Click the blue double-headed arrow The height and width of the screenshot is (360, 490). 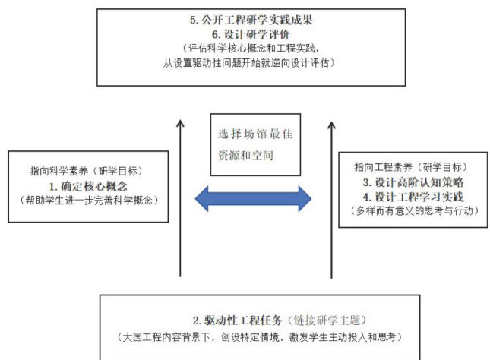253,198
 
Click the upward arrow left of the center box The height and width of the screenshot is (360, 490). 180,197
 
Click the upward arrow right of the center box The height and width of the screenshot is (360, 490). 332,197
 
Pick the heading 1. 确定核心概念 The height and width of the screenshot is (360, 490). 87,185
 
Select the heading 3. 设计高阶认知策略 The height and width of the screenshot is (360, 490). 413,182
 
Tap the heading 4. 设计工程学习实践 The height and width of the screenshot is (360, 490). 413,197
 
